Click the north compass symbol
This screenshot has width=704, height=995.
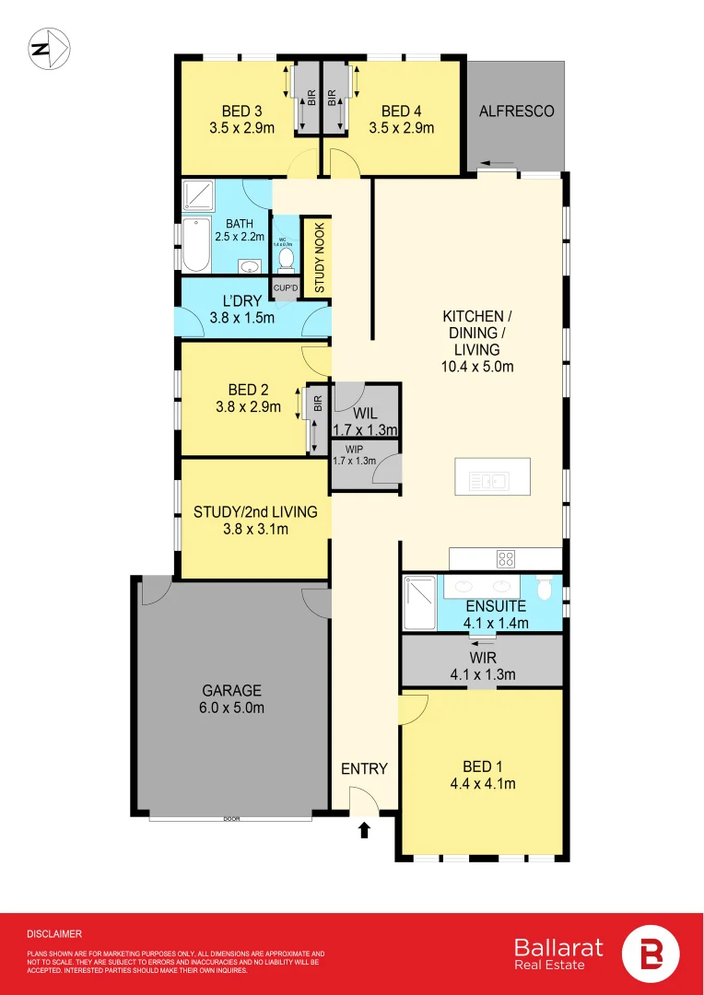pos(48,50)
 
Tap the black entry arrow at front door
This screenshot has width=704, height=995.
pos(364,830)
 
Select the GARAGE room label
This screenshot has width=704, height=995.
pos(232,690)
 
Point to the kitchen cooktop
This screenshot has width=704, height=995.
pos(506,557)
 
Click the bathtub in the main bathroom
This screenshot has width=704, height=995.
pos(195,246)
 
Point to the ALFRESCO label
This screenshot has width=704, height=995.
pos(516,111)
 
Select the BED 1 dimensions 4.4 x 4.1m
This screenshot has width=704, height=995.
pos(482,784)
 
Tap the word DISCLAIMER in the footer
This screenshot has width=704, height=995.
pos(54,933)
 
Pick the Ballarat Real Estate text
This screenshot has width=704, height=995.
pos(559,954)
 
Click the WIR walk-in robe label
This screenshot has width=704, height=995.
pos(482,659)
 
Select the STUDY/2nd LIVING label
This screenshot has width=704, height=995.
pos(254,511)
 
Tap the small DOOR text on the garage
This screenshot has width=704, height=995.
pos(230,818)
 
